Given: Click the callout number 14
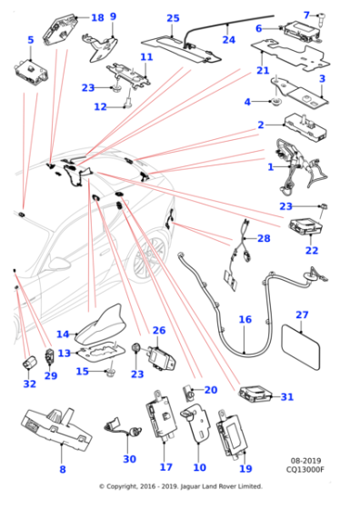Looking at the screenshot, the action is tap(63, 334).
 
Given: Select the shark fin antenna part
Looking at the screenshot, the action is tap(99, 325).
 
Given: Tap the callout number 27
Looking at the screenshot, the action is tap(302, 314).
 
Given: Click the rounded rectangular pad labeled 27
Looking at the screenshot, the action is tap(301, 346).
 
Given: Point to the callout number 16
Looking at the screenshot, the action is tap(245, 319).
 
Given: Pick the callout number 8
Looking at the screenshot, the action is tap(63, 469).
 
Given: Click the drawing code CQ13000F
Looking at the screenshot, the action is tap(305, 469).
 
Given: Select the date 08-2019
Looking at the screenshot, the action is tap(305, 461).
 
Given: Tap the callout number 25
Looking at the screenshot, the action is tap(173, 18).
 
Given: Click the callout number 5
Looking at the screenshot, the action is tap(31, 40).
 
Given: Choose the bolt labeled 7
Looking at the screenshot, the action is tap(322, 17).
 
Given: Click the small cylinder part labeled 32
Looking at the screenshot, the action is tap(29, 363).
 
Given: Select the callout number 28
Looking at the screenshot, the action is tap(264, 238).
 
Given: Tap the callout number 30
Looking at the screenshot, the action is tap(129, 459).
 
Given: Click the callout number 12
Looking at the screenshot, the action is tap(100, 107).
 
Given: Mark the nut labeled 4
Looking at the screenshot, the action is tap(276, 101).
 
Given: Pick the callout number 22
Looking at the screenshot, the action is tap(312, 250).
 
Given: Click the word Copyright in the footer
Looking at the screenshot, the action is tap(122, 486).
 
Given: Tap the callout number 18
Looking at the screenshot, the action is tap(97, 17).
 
